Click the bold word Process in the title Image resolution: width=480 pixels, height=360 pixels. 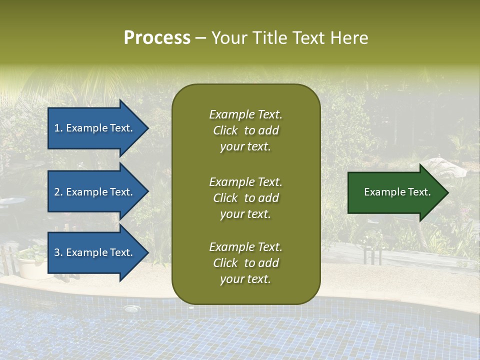(157, 38)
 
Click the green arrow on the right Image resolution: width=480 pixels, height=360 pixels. (395, 192)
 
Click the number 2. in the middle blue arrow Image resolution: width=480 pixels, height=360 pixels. (58, 192)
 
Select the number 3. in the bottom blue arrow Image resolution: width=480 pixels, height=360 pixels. (58, 252)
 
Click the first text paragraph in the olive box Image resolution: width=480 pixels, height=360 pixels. (245, 130)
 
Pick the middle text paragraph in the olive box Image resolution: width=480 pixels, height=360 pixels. (245, 198)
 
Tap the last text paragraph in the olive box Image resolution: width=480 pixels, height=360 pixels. (245, 263)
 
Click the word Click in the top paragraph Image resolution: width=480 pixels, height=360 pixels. (225, 130)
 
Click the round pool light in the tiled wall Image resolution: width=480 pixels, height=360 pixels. (131, 308)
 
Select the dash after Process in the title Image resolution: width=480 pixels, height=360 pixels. (200, 38)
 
